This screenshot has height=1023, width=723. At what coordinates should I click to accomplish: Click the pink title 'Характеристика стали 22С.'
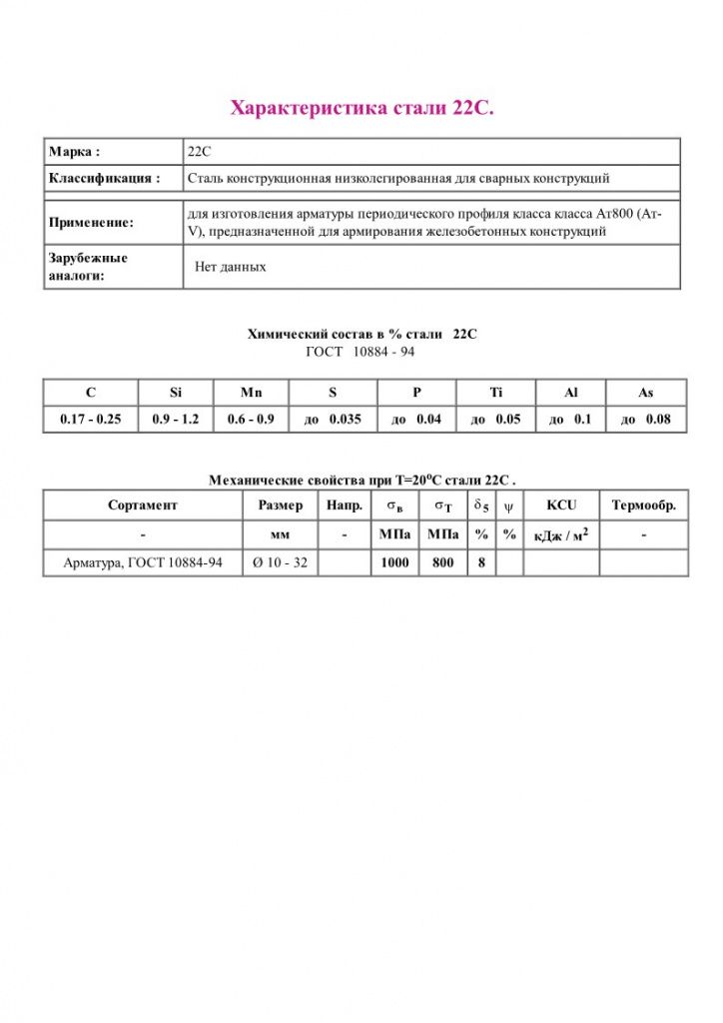pyautogui.click(x=361, y=108)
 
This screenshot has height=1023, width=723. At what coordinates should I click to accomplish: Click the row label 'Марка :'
pyautogui.click(x=75, y=152)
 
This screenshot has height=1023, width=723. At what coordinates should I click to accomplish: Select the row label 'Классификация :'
pyautogui.click(x=104, y=179)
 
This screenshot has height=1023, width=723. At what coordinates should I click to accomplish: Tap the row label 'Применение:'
pyautogui.click(x=91, y=223)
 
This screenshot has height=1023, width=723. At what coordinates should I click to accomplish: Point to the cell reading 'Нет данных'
pyautogui.click(x=230, y=268)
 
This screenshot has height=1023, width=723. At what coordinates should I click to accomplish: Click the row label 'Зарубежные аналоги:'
pyautogui.click(x=89, y=267)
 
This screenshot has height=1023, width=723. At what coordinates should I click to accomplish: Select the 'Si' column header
pyautogui.click(x=176, y=393)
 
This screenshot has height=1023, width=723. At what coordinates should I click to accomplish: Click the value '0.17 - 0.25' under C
pyautogui.click(x=90, y=420)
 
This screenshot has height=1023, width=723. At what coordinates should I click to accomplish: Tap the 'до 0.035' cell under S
pyautogui.click(x=333, y=420)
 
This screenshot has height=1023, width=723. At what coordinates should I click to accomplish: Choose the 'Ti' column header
pyautogui.click(x=496, y=393)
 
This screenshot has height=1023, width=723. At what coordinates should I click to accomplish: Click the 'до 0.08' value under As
pyautogui.click(x=646, y=420)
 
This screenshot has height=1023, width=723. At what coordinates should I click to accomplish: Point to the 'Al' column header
pyautogui.click(x=570, y=393)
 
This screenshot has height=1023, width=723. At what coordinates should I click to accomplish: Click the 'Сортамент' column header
pyautogui.click(x=143, y=506)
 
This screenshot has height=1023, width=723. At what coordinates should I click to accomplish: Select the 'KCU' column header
pyautogui.click(x=561, y=506)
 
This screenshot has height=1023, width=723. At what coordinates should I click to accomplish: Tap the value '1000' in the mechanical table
pyautogui.click(x=395, y=563)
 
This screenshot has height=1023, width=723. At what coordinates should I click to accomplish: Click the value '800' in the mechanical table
pyautogui.click(x=442, y=563)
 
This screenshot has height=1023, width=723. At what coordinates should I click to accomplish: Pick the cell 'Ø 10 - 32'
pyautogui.click(x=281, y=563)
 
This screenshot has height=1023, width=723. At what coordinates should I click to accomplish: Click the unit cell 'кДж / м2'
pyautogui.click(x=561, y=534)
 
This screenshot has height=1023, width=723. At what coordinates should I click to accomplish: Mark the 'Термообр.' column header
pyautogui.click(x=644, y=506)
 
